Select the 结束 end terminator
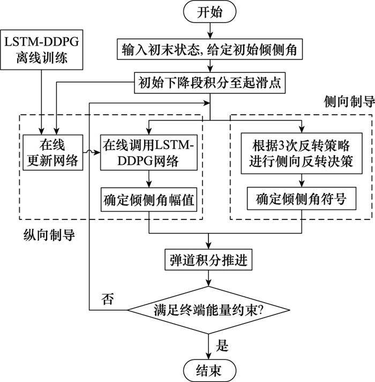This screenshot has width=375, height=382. tap(210, 369)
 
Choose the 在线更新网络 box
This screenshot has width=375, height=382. tap(52, 152)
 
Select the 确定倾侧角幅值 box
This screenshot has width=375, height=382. tap(149, 200)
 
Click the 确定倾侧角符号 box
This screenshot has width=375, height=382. tap(301, 200)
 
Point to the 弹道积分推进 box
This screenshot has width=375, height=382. tap(210, 260)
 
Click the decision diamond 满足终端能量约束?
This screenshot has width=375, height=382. tap(210, 309)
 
